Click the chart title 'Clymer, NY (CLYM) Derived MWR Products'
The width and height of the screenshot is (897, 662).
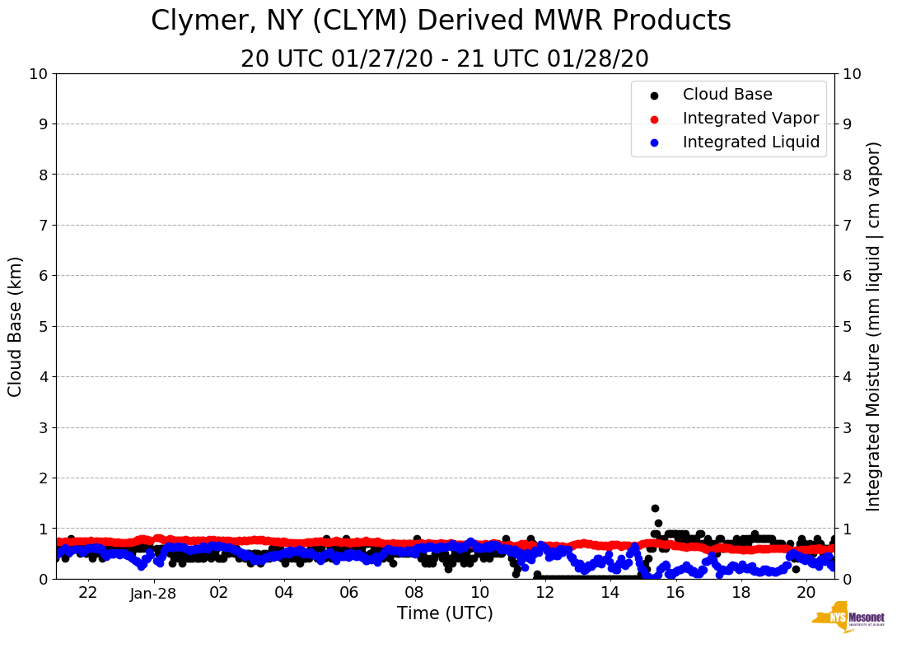(x=441, y=21)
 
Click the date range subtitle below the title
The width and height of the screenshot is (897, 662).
(x=445, y=59)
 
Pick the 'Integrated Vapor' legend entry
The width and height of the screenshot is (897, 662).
(x=750, y=118)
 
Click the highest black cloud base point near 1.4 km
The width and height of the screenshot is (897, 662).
(x=655, y=508)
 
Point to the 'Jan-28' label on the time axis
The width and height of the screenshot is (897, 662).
(x=153, y=594)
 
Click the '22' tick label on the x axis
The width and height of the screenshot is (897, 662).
(x=88, y=593)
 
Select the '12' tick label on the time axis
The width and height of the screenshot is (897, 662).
(x=544, y=593)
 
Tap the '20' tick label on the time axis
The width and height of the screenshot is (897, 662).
(x=806, y=593)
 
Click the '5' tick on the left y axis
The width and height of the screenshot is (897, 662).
(x=43, y=326)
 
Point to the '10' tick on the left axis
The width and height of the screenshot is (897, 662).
(x=38, y=74)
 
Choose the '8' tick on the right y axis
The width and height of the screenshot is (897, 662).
(x=846, y=175)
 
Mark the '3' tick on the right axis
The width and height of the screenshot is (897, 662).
(x=846, y=427)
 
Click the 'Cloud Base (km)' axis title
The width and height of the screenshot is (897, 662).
(x=16, y=326)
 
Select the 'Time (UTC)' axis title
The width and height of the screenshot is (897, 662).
(x=445, y=613)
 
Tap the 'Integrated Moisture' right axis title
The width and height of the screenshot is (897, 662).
(x=874, y=326)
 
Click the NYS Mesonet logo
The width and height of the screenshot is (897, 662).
(x=848, y=620)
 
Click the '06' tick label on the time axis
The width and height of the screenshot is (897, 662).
(x=348, y=593)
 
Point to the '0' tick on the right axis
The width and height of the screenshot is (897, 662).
(x=846, y=579)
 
